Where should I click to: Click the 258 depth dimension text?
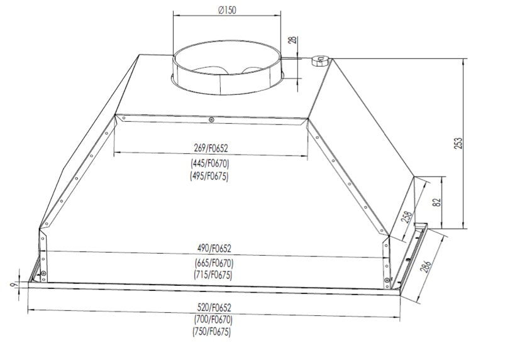pos(407,217)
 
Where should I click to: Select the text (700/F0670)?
pos(213,320)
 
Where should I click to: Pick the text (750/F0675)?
pos(213,332)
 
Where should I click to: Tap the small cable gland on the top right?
pos(318,60)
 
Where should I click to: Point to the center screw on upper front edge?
pos(213,119)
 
